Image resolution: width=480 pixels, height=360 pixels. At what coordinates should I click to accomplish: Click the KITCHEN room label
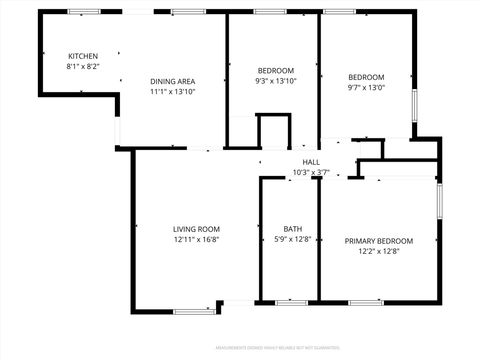tap(83, 55)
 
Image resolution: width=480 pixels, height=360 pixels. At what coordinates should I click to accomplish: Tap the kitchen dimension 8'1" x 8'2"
tap(83, 66)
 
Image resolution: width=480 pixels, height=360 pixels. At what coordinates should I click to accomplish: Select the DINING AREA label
tap(172, 81)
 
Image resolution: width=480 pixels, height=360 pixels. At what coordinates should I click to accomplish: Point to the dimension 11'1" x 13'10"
tap(172, 92)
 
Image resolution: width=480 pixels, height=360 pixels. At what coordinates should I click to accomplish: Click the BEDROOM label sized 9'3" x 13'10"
tap(276, 70)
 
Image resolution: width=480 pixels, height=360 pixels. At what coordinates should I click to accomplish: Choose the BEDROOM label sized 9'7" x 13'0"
tap(366, 77)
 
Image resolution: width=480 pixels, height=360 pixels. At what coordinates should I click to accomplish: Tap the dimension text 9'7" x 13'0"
tap(366, 88)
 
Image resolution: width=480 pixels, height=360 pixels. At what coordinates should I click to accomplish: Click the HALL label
tap(311, 162)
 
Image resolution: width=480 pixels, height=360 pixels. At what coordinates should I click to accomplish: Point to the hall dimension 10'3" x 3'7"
tap(311, 172)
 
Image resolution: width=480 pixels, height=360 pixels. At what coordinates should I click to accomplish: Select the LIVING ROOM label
tap(196, 229)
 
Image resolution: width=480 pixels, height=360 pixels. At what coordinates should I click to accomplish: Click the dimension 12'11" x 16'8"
tap(196, 240)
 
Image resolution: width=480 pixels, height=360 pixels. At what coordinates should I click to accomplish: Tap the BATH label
tap(292, 228)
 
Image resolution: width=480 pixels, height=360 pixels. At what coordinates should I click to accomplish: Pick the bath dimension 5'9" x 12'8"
tap(292, 239)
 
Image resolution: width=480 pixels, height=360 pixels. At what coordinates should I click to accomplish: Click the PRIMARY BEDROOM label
tap(379, 240)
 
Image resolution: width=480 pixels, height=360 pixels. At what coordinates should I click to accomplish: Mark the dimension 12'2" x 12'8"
tap(379, 251)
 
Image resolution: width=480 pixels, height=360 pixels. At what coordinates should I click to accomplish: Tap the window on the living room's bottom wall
tap(194, 311)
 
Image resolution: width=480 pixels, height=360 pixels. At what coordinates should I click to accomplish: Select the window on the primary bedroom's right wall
tap(439, 200)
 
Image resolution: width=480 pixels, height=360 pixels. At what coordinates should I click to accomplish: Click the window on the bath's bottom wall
tap(291, 301)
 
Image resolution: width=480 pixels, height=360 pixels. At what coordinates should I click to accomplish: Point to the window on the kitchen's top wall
tap(83, 11)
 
